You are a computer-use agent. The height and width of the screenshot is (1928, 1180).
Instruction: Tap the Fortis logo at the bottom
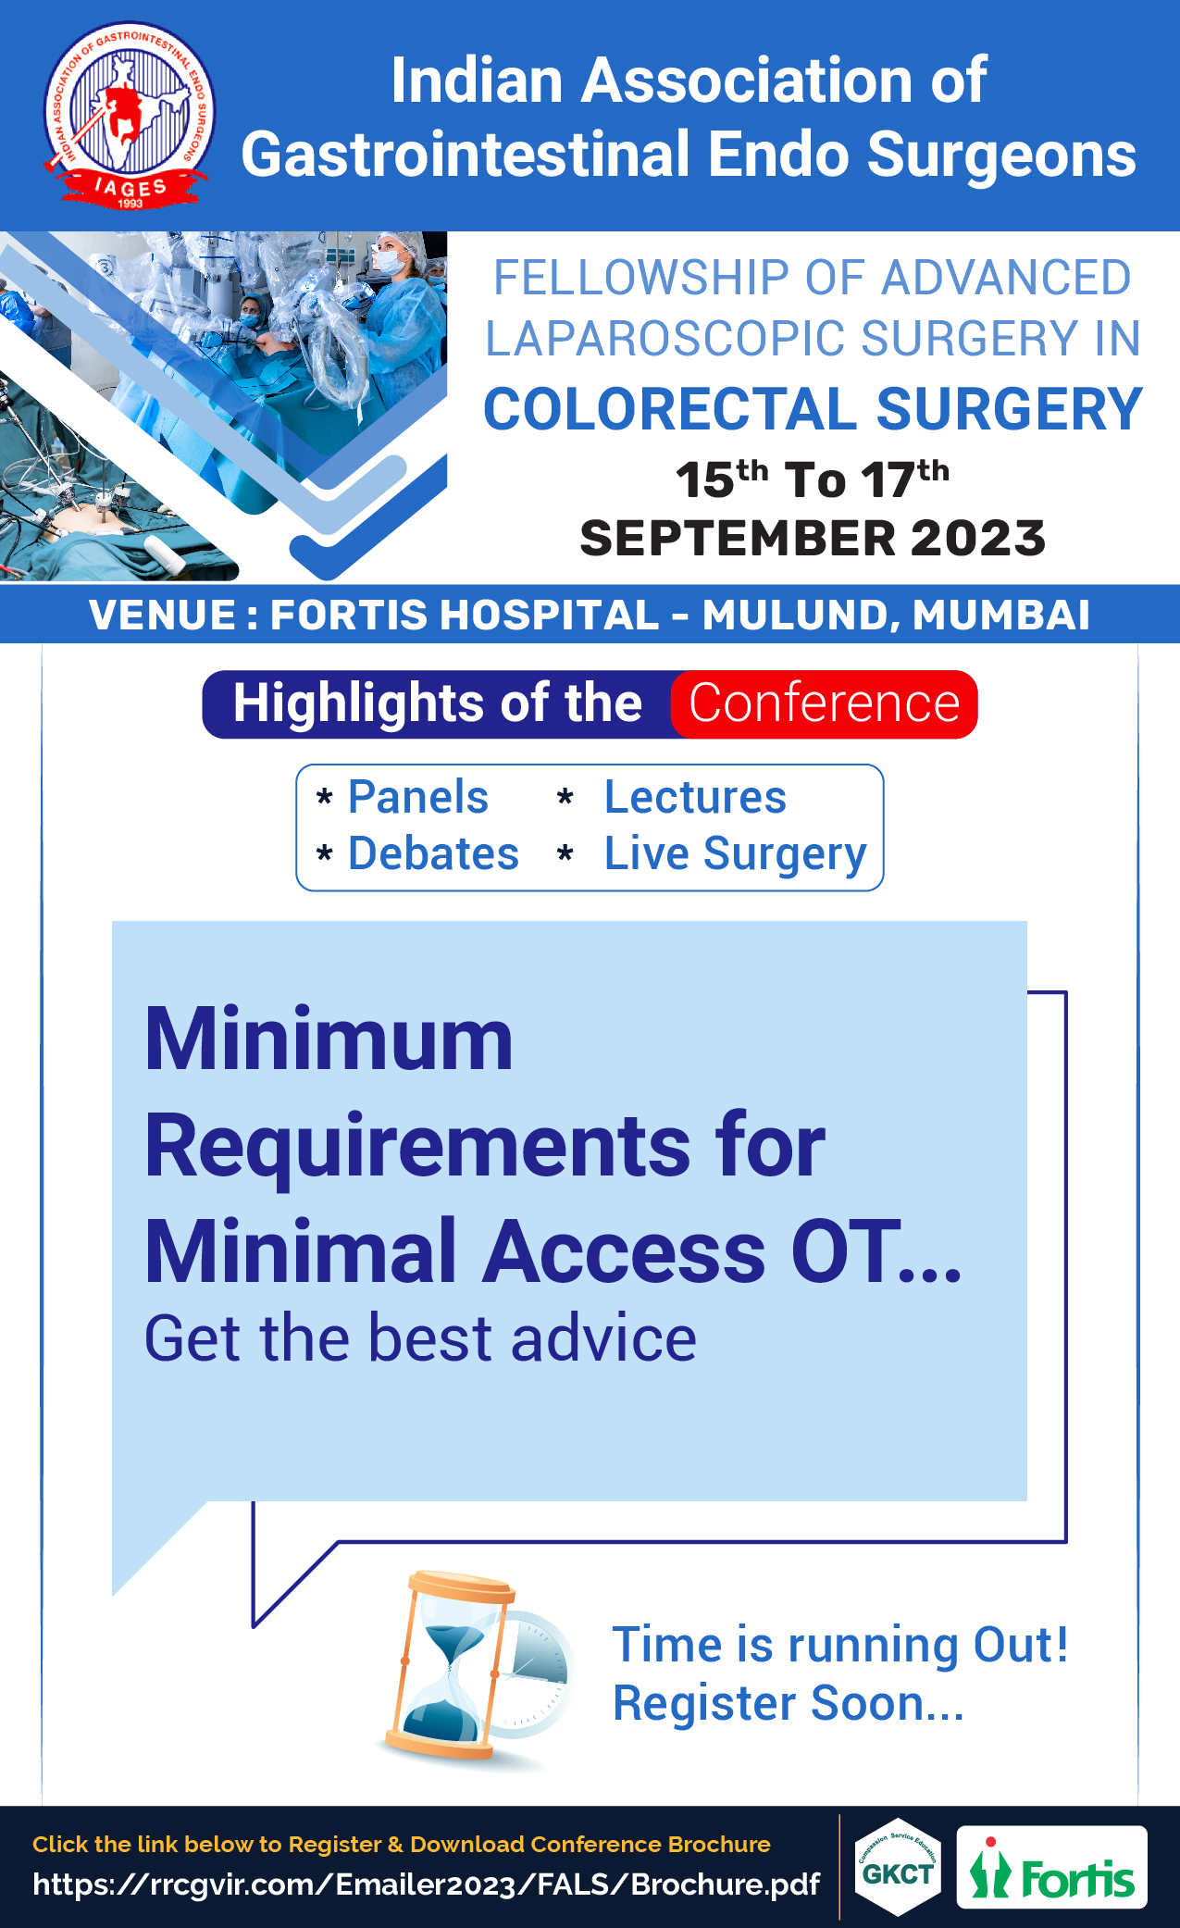[1051, 1867]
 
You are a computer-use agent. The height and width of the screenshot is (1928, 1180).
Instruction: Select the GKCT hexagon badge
[898, 1867]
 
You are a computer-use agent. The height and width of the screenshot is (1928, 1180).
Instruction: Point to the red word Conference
[824, 703]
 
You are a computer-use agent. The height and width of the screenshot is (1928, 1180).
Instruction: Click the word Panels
[418, 797]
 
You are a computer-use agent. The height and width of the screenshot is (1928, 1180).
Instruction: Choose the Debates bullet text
[433, 853]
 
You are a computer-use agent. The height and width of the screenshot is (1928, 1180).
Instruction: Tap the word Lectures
[695, 797]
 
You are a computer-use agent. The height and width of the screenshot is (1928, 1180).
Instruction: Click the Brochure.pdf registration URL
[426, 1884]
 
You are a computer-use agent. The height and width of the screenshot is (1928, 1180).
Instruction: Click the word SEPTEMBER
[738, 539]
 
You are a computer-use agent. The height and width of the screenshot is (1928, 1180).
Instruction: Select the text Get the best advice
[421, 1338]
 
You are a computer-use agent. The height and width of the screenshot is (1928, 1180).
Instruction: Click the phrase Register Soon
[789, 1703]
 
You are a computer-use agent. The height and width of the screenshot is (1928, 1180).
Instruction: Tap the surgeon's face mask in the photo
[390, 263]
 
